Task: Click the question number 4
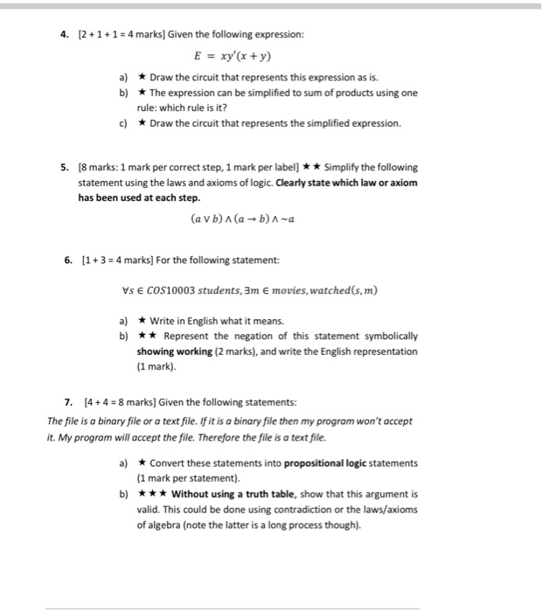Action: (x=64, y=34)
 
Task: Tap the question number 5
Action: (x=65, y=166)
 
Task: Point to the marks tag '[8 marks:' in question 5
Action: (x=100, y=166)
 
